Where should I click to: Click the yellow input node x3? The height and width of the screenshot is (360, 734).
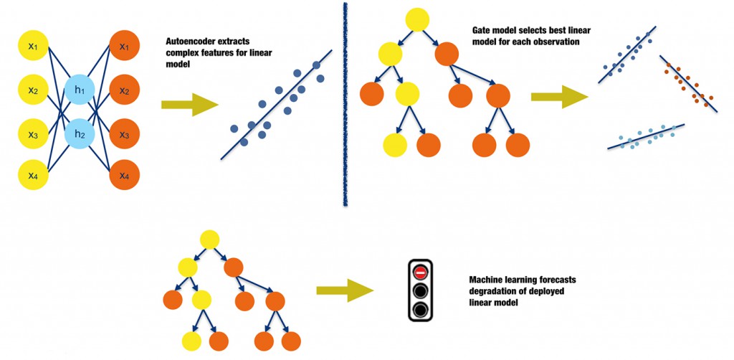click(x=32, y=133)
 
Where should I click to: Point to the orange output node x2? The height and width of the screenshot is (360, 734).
click(x=124, y=90)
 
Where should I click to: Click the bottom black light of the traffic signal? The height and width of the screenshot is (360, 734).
click(x=421, y=310)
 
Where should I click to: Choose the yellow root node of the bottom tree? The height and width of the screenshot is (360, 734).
click(x=209, y=240)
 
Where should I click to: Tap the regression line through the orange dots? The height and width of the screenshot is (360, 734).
click(x=688, y=82)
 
